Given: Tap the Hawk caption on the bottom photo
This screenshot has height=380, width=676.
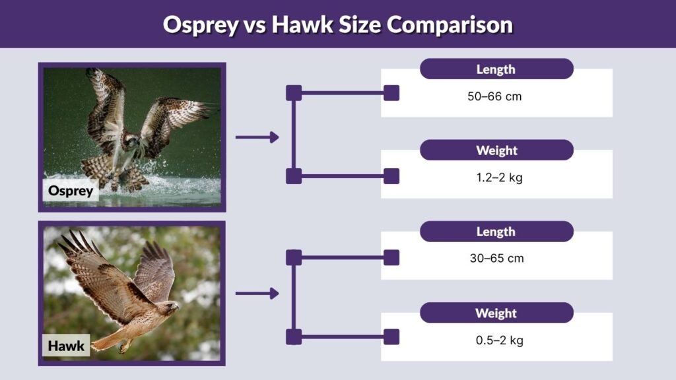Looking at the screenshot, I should pos(66,346).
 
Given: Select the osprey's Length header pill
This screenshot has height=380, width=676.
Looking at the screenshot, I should pos(496,69).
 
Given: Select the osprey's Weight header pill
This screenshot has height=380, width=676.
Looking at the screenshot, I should pos(496,150).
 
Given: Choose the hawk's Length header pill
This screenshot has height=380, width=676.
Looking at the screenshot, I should pos(496,232).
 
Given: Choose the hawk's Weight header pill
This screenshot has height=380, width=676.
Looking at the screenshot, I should pos(496,313).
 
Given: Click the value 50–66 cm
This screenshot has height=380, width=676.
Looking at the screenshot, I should pos(494,96).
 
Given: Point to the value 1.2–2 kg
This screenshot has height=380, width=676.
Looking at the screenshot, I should pos(495,177).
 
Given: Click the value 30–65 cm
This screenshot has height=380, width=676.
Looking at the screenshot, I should pos(496,259).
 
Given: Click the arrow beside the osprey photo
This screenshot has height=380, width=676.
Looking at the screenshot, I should pos(257,137).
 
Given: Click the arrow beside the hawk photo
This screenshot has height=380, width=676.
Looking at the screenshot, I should pos(257,294).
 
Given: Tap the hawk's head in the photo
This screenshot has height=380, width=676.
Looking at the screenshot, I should pos(170,307).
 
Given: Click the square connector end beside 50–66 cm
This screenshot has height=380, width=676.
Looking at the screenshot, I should pos(391,93).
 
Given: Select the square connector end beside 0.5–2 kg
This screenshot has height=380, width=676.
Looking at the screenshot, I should pos(391,337).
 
